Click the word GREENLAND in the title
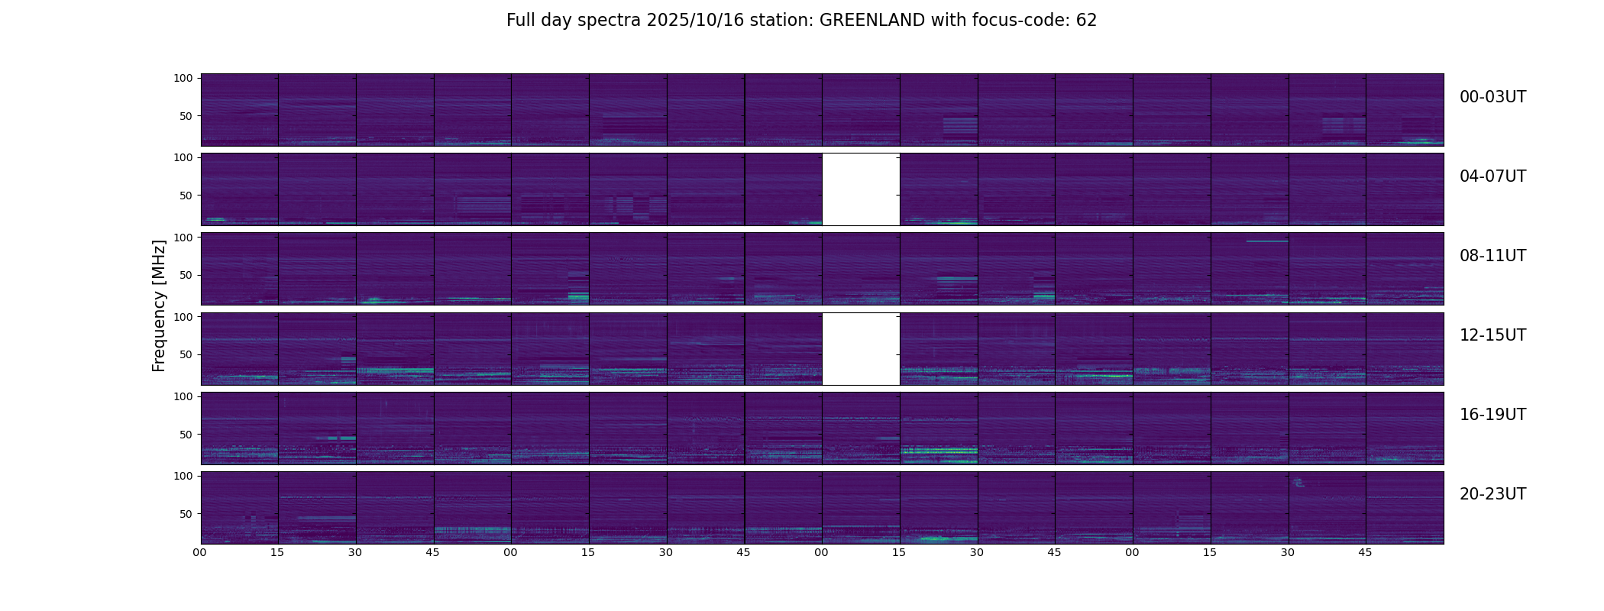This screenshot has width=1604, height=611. pyautogui.click(x=872, y=21)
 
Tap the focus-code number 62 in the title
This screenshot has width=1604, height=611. pyautogui.click(x=1086, y=21)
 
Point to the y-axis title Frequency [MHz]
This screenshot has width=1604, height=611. pyautogui.click(x=159, y=305)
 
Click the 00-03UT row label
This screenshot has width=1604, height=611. pyautogui.click(x=1492, y=97)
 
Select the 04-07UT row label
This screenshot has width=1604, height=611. pyautogui.click(x=1492, y=176)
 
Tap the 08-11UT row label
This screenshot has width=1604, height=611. pyautogui.click(x=1492, y=256)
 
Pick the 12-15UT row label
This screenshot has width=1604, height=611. pyautogui.click(x=1492, y=335)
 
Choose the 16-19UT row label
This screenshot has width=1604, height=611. pyautogui.click(x=1492, y=415)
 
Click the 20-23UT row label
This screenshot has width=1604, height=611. pyautogui.click(x=1492, y=494)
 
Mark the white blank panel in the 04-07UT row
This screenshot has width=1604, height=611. pyautogui.click(x=861, y=189)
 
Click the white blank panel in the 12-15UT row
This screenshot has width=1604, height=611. pyautogui.click(x=861, y=348)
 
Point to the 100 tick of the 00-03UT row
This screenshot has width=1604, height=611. pyautogui.click(x=183, y=78)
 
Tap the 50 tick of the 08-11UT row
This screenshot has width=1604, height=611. pyautogui.click(x=186, y=275)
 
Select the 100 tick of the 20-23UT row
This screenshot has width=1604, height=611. pyautogui.click(x=183, y=476)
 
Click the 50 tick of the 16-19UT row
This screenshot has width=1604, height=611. pyautogui.click(x=186, y=435)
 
